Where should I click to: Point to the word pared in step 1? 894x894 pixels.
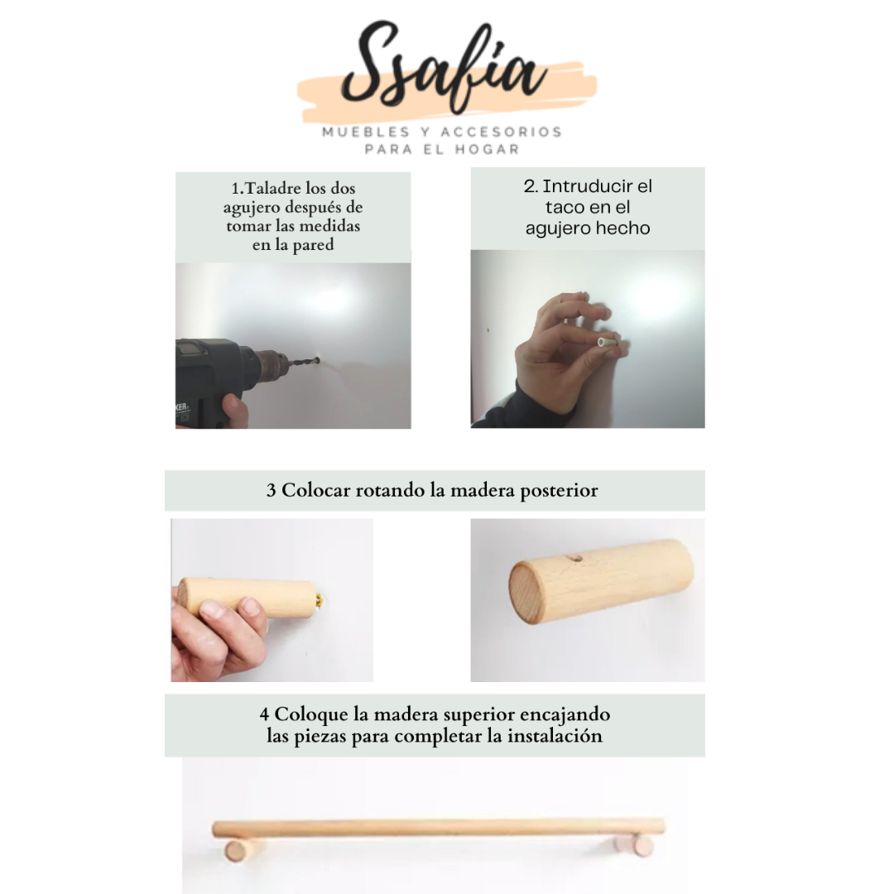pyautogui.click(x=312, y=245)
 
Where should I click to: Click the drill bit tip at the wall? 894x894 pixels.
pyautogui.click(x=317, y=360)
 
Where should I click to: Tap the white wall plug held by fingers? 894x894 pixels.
pyautogui.click(x=607, y=342)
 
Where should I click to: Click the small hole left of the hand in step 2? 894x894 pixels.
pyautogui.click(x=488, y=329)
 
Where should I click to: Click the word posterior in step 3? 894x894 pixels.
pyautogui.click(x=559, y=491)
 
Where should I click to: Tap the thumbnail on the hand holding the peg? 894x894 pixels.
pyautogui.click(x=212, y=609)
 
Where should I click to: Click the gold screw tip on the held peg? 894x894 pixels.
pyautogui.click(x=320, y=600)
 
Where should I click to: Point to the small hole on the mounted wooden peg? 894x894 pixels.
pyautogui.click(x=577, y=559)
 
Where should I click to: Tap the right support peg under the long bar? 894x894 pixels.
pyautogui.click(x=635, y=845)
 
